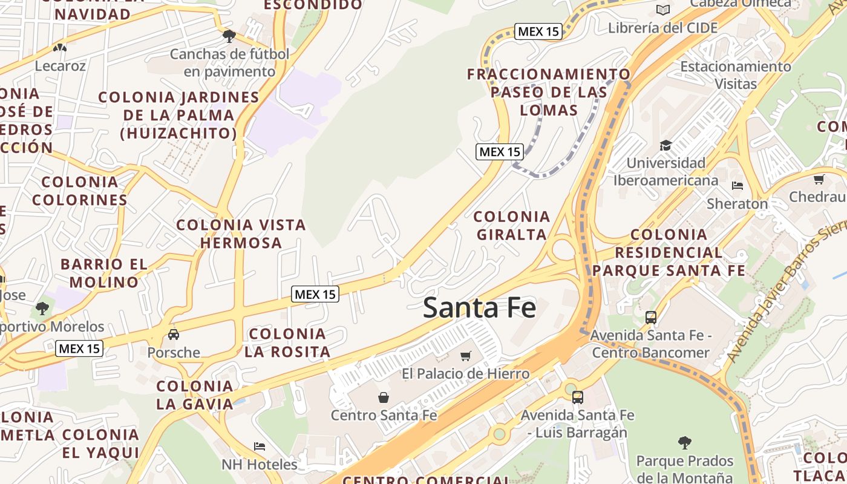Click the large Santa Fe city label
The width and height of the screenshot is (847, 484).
(479, 307)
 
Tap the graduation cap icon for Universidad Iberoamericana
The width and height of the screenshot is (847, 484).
(665, 146)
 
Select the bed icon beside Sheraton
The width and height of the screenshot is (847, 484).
(737, 185)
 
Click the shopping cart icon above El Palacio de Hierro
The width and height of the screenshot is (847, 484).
(465, 356)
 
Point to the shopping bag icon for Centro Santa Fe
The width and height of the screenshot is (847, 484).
(383, 397)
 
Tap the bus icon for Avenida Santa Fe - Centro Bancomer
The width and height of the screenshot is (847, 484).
(651, 317)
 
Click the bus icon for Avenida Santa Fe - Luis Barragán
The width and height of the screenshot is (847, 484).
(578, 397)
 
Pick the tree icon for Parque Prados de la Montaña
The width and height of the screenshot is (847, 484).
(684, 443)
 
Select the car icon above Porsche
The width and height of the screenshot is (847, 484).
(174, 335)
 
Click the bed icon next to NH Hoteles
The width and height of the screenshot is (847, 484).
(260, 446)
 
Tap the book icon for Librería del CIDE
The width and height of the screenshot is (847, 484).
(663, 10)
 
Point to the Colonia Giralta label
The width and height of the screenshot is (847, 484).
(512, 225)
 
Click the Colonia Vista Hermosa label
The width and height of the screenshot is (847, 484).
(241, 234)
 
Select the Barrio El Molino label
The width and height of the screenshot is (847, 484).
(104, 273)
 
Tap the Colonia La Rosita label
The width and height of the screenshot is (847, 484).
(287, 342)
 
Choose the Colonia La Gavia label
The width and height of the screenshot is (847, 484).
(195, 395)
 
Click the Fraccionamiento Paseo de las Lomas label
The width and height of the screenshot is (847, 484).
(549, 92)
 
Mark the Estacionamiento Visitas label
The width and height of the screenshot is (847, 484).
(736, 74)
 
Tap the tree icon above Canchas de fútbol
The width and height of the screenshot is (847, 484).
(229, 36)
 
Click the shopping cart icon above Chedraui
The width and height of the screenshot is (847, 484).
(819, 179)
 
